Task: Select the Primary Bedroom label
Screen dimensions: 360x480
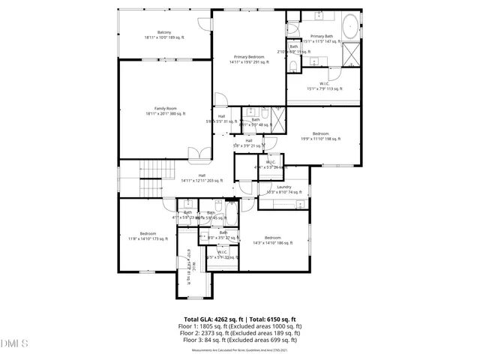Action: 249,59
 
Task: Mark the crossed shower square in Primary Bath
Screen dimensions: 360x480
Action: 352,55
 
